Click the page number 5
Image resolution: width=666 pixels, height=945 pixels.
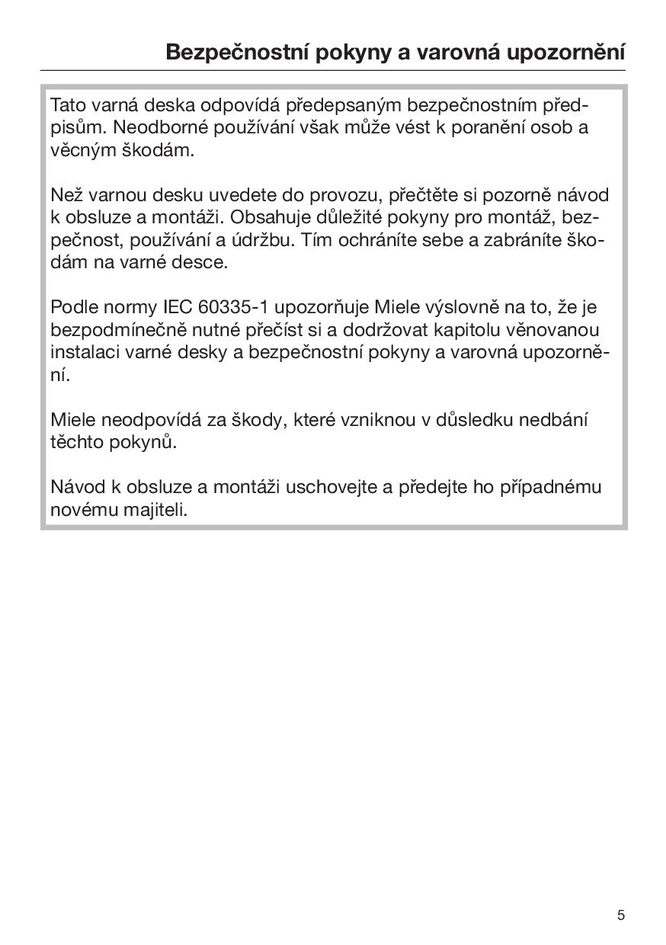[x=621, y=915]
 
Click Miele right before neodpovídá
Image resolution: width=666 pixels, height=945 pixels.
[x=72, y=420]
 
